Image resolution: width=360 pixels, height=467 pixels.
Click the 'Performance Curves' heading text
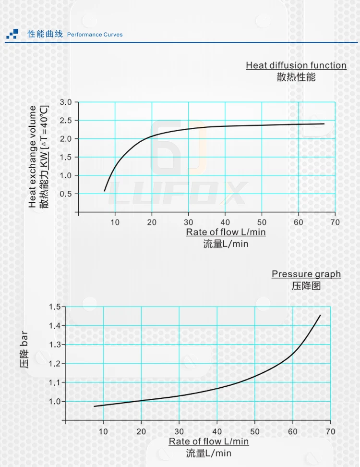point(95,35)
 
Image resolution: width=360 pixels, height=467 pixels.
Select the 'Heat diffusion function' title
point(296,65)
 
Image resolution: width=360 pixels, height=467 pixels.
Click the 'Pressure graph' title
point(306,274)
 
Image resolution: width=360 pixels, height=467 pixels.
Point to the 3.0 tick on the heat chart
point(65,102)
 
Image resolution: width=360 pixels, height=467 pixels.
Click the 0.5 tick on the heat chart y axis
point(65,194)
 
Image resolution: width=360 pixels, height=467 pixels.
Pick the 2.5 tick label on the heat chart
point(65,121)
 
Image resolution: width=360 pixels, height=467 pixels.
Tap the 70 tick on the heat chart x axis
point(335,222)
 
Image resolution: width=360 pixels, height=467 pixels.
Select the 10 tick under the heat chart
point(115,222)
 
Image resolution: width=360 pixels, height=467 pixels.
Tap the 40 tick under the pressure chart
point(217,431)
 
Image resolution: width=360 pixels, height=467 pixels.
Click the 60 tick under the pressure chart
point(293,431)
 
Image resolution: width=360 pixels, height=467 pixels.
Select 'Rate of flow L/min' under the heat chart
point(226,233)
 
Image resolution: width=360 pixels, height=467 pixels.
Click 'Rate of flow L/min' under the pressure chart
point(209,441)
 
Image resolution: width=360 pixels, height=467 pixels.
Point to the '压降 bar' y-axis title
point(24,349)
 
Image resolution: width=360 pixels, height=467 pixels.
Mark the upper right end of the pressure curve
point(320,315)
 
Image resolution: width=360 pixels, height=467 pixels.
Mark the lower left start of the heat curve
point(105,191)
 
